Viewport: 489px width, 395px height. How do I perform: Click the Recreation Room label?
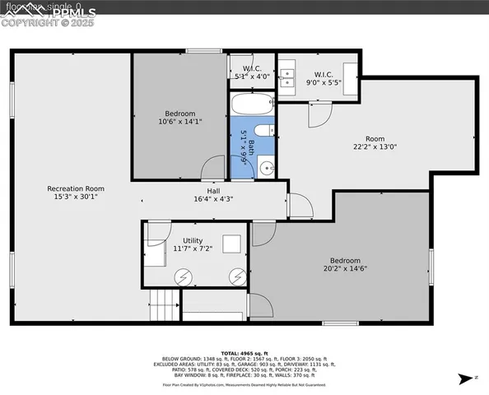[x=75, y=188]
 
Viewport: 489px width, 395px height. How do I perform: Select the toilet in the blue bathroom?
[x=262, y=130]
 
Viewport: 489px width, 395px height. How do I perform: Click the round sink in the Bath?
[x=266, y=169]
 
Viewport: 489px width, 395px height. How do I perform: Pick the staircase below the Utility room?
[x=163, y=306]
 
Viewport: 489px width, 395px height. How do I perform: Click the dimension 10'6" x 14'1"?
[x=179, y=122]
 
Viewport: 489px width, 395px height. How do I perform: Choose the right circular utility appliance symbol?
[x=238, y=276]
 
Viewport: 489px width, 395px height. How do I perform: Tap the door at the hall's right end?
[x=296, y=205]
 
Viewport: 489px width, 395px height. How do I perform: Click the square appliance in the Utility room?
[x=232, y=244]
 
